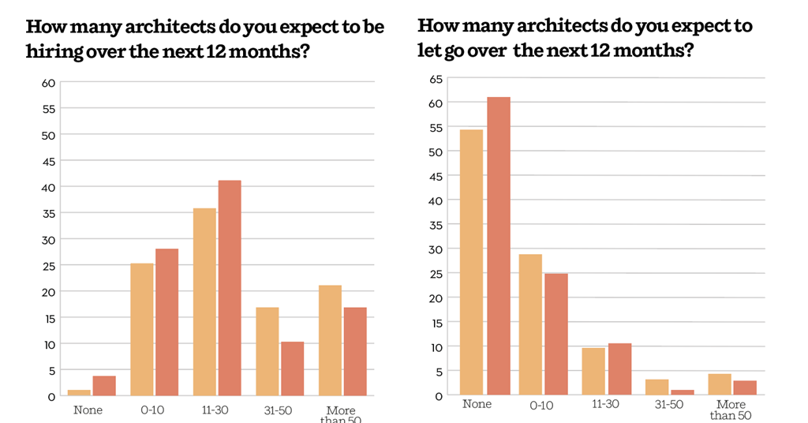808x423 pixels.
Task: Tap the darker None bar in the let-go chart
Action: pos(499,245)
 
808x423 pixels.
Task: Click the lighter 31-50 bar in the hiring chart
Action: pos(267,351)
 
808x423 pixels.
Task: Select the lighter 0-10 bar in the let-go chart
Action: pos(531,324)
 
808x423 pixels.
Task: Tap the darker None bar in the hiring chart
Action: pos(104,386)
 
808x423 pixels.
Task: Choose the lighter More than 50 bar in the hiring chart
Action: pos(330,340)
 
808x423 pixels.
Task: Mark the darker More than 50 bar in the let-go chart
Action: pos(745,387)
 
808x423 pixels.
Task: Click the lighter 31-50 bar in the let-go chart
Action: pos(656,387)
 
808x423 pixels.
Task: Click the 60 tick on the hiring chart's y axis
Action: pos(48,83)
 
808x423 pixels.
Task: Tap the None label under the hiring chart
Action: pos(88,410)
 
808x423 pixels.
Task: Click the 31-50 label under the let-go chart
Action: pos(668,404)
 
